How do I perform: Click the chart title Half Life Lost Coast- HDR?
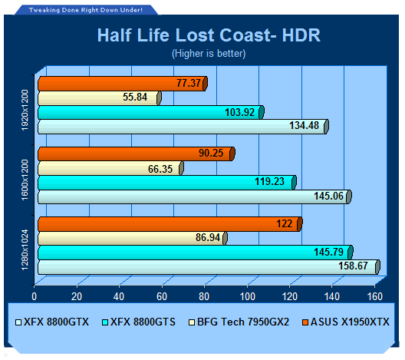coord(209,35)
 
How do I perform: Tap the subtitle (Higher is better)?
coord(209,54)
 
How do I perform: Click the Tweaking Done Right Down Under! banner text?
coord(85,10)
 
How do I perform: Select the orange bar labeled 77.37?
coord(123,84)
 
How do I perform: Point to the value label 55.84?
coord(135,97)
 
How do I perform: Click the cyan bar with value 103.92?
coord(151,112)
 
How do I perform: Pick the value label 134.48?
coord(304,126)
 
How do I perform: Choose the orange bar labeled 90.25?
coord(137,154)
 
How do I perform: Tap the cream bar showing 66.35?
coord(110,168)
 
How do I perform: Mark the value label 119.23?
coord(269,181)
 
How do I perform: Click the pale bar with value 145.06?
coord(195,197)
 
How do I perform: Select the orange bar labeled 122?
coord(170,224)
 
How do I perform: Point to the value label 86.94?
coord(208,237)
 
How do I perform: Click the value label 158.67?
coord(353,266)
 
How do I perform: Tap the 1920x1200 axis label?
coord(25,110)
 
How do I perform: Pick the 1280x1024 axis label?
coord(25,250)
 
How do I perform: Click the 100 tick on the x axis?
coord(248,297)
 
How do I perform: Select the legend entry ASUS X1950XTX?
coord(346,322)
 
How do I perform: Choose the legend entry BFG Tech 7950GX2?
coord(239,322)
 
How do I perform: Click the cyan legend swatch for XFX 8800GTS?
coord(105,322)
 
